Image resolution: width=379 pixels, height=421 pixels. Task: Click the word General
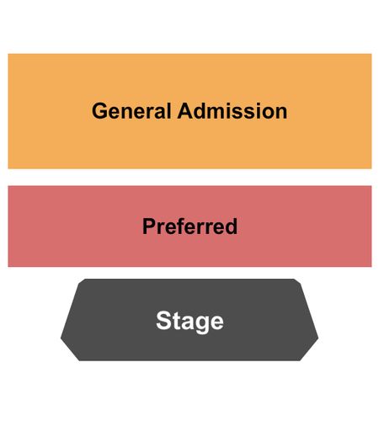[131, 111]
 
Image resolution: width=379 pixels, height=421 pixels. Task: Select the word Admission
[232, 111]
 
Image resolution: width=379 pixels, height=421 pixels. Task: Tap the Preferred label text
[189, 226]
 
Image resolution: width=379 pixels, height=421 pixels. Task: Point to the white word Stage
[189, 322]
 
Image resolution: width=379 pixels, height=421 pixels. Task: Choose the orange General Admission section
[189, 111]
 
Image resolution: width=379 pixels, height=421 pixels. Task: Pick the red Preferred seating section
[189, 226]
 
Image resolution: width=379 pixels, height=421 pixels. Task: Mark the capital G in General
[99, 111]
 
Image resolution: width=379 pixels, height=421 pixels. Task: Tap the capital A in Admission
[185, 111]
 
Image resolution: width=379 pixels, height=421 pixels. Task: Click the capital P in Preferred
[149, 226]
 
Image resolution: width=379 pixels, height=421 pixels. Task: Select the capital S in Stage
[163, 320]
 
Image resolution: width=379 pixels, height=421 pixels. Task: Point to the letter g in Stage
[202, 323]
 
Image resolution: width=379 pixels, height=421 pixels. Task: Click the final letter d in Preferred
[231, 226]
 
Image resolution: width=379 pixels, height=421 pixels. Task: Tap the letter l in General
[168, 111]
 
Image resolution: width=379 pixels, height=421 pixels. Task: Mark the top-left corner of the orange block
[8, 54]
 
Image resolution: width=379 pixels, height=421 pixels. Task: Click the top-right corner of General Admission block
[371, 54]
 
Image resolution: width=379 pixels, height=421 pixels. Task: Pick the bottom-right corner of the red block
[371, 267]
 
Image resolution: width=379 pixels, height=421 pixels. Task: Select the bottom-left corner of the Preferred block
[8, 267]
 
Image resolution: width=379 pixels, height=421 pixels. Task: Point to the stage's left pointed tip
[61, 338]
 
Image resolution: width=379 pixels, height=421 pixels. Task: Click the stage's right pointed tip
[318, 338]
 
